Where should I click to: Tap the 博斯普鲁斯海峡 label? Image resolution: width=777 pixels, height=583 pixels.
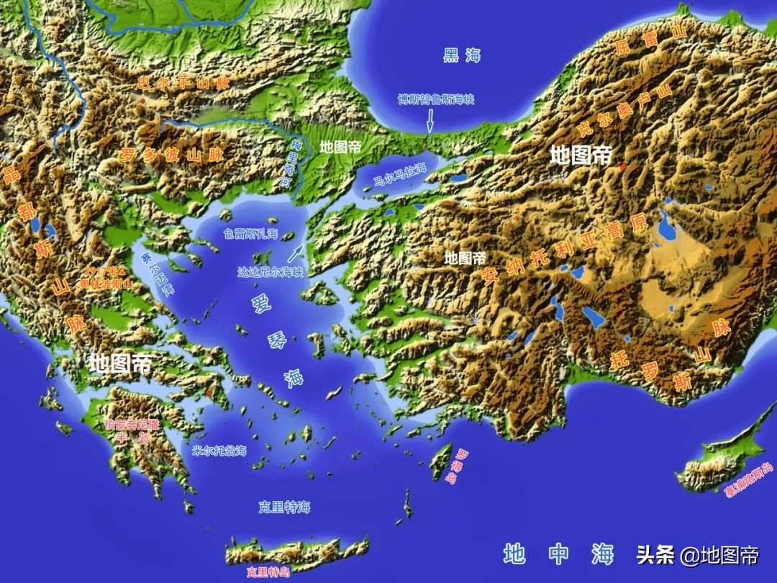click(436, 99)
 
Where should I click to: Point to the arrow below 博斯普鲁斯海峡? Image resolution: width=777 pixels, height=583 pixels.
click(430, 120)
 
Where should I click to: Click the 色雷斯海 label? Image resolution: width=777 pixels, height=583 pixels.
click(250, 233)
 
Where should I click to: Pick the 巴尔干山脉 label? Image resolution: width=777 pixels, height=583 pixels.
click(183, 83)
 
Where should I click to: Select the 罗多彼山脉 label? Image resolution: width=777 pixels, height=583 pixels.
click(172, 154)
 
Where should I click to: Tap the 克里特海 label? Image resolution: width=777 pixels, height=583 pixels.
click(284, 507)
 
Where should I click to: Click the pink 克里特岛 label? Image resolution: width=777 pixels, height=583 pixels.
click(268, 572)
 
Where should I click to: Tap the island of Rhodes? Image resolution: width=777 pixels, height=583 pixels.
click(440, 462)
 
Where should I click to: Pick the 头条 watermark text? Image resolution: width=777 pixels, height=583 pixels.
click(654, 554)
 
